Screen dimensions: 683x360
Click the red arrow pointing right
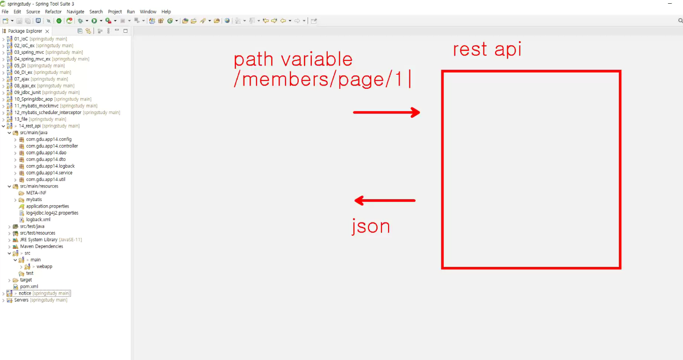(x=386, y=113)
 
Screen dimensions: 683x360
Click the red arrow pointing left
(x=385, y=200)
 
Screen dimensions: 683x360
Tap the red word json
(x=371, y=226)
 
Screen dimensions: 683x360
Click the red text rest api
(x=487, y=50)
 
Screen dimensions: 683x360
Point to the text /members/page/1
(x=318, y=79)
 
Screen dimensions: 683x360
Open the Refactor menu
(x=53, y=12)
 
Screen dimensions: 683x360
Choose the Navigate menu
(x=75, y=12)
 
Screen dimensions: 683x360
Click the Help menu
(x=166, y=12)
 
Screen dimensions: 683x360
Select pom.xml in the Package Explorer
(x=29, y=287)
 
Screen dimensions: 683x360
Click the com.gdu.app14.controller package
(x=52, y=146)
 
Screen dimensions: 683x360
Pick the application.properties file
(x=48, y=206)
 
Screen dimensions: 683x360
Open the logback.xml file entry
(x=38, y=219)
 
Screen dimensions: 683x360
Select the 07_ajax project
(x=22, y=79)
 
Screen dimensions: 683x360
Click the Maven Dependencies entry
(x=42, y=246)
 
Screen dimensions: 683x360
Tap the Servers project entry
(x=22, y=300)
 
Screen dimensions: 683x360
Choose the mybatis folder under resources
(x=34, y=200)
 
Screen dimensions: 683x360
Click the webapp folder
(x=44, y=266)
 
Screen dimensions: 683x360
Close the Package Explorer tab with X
(x=47, y=31)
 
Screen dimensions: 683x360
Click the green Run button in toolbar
(x=94, y=21)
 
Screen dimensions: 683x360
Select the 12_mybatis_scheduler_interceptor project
(x=48, y=113)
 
